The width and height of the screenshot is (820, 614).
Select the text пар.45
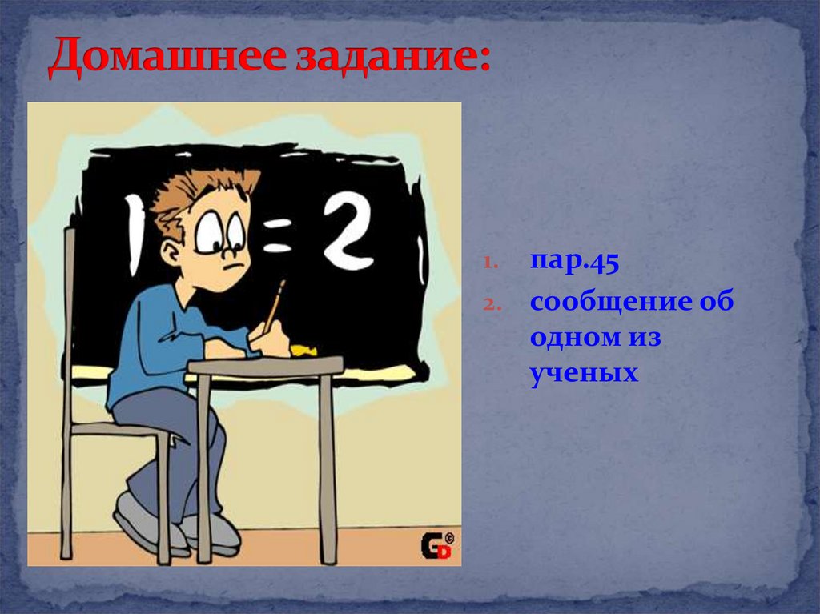tap(573, 263)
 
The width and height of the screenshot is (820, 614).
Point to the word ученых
tap(584, 372)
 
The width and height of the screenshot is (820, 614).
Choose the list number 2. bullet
tap(491, 305)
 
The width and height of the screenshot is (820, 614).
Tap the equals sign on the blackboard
tap(277, 238)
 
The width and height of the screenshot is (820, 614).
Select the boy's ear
tap(171, 252)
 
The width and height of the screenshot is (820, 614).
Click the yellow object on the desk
tap(302, 350)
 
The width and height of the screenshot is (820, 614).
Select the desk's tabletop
tap(265, 366)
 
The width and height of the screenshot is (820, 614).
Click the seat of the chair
tap(120, 429)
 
